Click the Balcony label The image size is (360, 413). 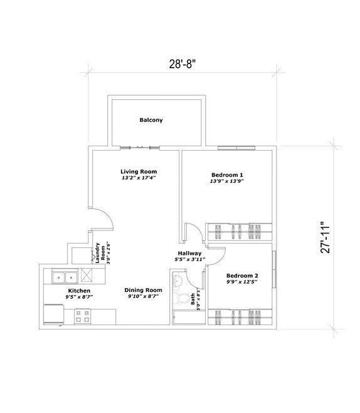151,120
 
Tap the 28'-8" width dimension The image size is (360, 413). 183,64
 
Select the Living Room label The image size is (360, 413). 139,171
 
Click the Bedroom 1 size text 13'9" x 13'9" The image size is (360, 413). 227,181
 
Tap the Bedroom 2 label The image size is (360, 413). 242,276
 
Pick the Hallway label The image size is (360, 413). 190,254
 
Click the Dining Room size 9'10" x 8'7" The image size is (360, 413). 143,296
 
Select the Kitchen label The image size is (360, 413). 79,291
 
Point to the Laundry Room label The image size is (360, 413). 100,253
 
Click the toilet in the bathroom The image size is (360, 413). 182,299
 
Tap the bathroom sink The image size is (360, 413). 177,281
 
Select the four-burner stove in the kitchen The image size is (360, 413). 83,316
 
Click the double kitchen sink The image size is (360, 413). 65,277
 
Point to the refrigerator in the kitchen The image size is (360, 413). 54,314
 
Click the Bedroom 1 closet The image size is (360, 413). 240,232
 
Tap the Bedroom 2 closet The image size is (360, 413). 240,317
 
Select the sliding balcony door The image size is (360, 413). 140,147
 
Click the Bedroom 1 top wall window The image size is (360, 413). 236,148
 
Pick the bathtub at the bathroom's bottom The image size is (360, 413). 189,318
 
